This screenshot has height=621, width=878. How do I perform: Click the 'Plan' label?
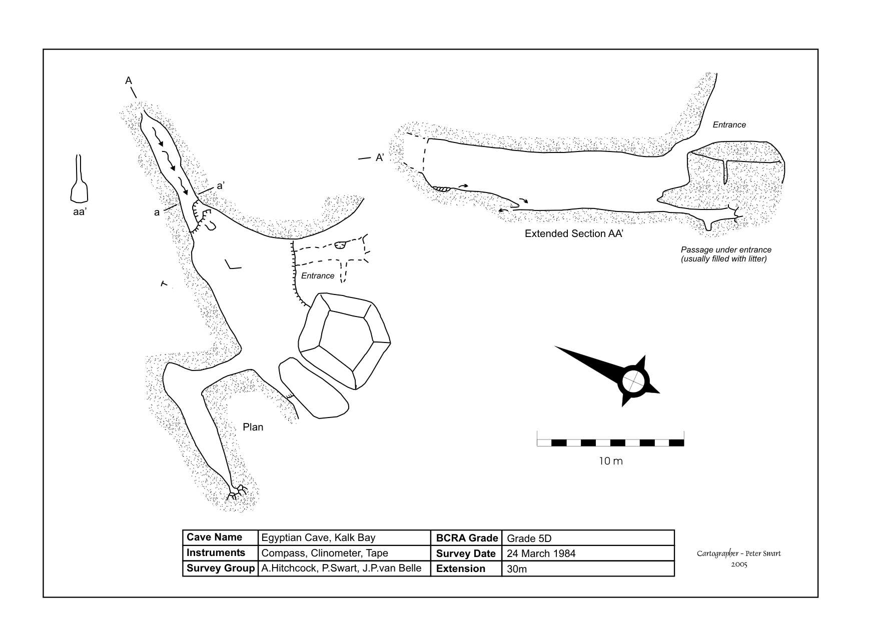[253, 427]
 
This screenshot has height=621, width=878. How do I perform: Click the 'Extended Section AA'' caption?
[573, 233]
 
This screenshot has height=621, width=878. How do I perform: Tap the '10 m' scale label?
[611, 461]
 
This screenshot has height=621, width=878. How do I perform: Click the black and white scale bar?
[610, 442]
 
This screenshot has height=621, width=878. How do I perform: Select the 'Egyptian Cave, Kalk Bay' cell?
[318, 538]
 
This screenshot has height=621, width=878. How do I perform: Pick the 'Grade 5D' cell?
[529, 538]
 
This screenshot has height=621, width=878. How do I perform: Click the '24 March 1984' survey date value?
[541, 553]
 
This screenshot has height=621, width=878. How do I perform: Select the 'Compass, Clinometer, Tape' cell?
[325, 553]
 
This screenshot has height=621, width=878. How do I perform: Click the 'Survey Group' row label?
[220, 568]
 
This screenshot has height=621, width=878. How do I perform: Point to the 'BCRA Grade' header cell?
[466, 538]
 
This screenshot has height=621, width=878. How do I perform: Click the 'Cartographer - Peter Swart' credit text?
[738, 553]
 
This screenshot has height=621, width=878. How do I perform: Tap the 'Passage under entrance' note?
[725, 249]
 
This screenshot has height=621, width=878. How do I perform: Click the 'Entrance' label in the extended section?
[729, 125]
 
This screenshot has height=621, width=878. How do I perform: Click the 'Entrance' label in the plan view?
[318, 275]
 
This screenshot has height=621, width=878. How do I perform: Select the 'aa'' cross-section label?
[80, 212]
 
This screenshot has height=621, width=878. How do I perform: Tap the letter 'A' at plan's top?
[129, 80]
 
